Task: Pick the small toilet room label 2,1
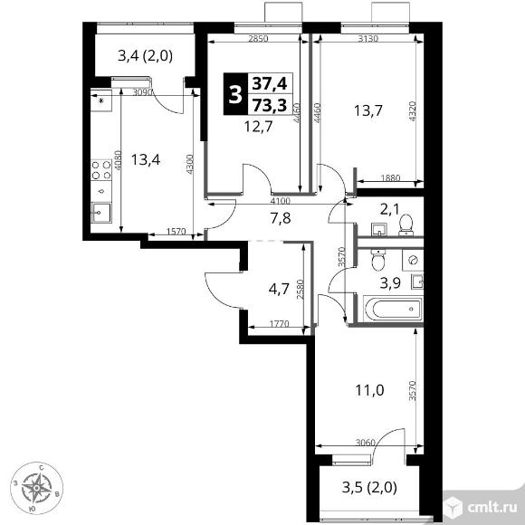390,209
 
